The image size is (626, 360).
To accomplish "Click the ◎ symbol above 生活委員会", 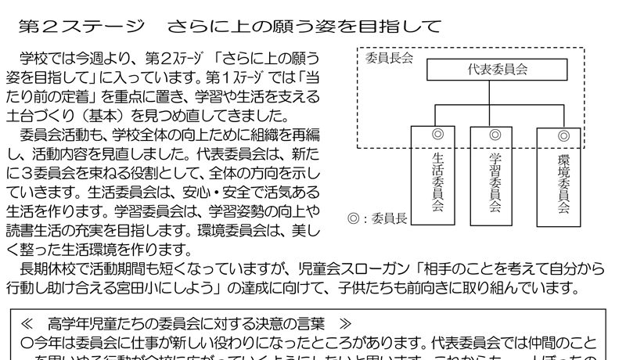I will point(437,135).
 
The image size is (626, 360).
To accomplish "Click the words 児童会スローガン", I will point(363,268).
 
